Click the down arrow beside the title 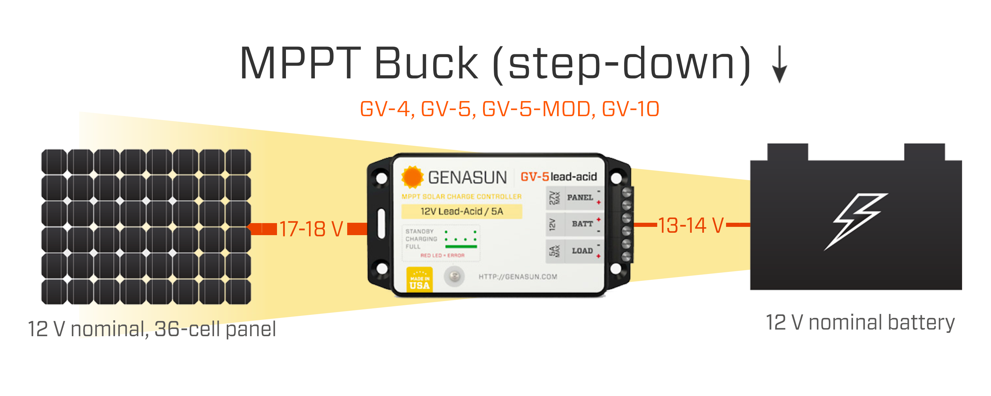click(x=779, y=65)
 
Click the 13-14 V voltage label click(x=691, y=225)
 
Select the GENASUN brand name click(x=467, y=178)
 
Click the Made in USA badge click(x=419, y=280)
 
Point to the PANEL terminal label click(x=580, y=198)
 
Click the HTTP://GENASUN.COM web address click(x=518, y=277)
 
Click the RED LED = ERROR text click(x=442, y=255)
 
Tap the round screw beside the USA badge click(x=454, y=276)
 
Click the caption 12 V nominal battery click(x=860, y=322)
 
